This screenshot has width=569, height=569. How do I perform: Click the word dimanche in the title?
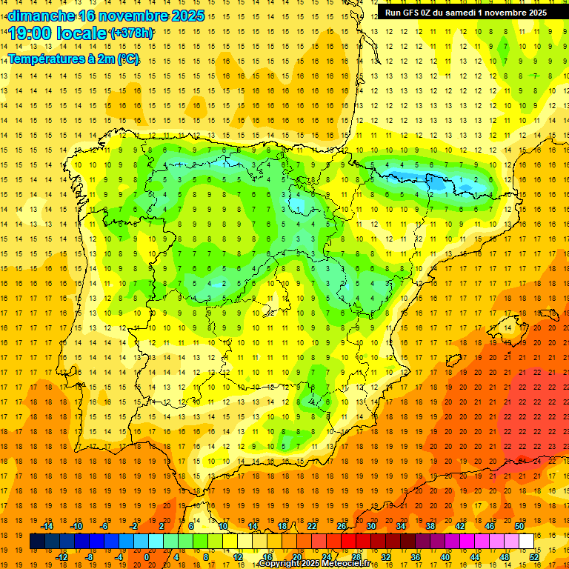[x=41, y=16]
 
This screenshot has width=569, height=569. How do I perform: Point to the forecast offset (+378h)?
[x=131, y=33]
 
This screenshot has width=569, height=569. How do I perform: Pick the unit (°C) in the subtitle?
[x=127, y=59]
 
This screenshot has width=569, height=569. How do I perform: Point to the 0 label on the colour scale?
[x=147, y=557]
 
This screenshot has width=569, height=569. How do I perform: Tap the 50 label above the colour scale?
[x=519, y=526]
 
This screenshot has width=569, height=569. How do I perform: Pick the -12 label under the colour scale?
[x=61, y=557]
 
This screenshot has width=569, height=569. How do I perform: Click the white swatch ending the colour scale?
[x=526, y=542]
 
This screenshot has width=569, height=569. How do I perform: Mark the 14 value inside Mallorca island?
[x=507, y=327]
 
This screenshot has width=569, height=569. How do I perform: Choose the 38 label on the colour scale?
[x=430, y=526]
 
